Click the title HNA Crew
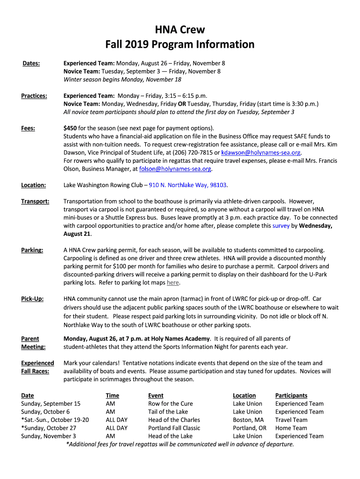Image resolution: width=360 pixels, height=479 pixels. coord(180,30)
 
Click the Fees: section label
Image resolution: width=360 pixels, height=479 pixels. coord(29,128)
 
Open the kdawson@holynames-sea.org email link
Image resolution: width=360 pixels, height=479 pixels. coord(261,152)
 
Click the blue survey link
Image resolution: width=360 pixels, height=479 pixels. coord(281,226)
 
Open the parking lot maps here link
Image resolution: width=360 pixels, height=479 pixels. coord(173,283)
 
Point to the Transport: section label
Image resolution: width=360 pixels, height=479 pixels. coord(35,202)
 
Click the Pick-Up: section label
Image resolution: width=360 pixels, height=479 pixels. coord(32,298)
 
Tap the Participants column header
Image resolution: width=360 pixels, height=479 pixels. coord(291,396)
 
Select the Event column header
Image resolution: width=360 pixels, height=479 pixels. coord(156,396)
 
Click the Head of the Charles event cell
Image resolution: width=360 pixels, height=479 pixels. coord(174,420)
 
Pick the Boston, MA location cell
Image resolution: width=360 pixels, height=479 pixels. coord(248,420)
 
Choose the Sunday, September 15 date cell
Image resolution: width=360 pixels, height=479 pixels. coord(51,404)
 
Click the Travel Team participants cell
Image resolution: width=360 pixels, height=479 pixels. coord(291,420)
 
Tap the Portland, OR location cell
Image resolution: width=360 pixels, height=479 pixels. coord(250,428)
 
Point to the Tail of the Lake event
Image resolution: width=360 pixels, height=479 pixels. coord(168,412)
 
